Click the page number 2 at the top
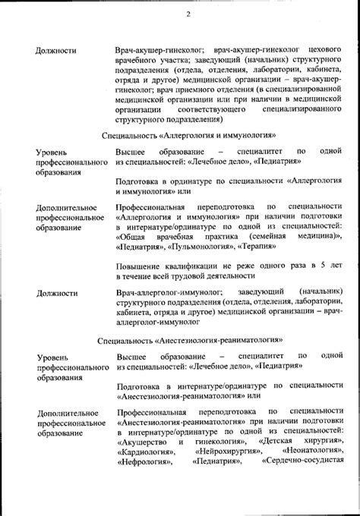(188, 14)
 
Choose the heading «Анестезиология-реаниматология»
(221, 333)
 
